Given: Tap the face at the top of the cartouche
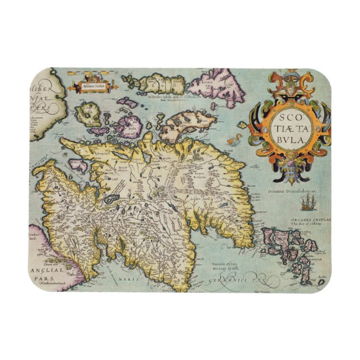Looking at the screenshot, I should (289, 78).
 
